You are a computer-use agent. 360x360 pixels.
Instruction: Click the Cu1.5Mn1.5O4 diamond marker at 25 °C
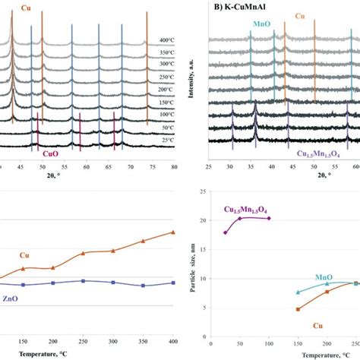click(x=226, y=232)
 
